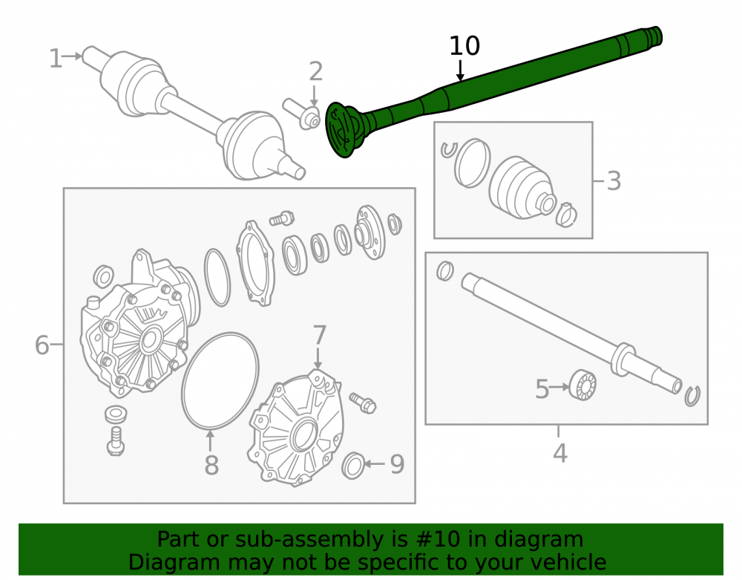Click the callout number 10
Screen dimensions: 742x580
coord(464,46)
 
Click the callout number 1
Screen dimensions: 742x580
coord(56,58)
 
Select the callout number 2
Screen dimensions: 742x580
coord(315,71)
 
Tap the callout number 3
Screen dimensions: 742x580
coord(614,181)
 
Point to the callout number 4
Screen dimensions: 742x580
coord(559,453)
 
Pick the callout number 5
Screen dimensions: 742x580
coord(542,388)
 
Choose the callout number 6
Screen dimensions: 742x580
coord(42,345)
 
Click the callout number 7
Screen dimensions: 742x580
coord(319,335)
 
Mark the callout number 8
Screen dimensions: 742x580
coord(211,465)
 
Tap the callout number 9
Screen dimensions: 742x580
coord(397,464)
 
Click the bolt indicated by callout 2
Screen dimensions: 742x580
coord(301,114)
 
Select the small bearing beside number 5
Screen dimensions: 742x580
coord(582,385)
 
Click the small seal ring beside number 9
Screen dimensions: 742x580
coord(353,466)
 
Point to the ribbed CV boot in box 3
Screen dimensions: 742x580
coord(522,188)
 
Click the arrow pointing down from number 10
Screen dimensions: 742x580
coord(460,70)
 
